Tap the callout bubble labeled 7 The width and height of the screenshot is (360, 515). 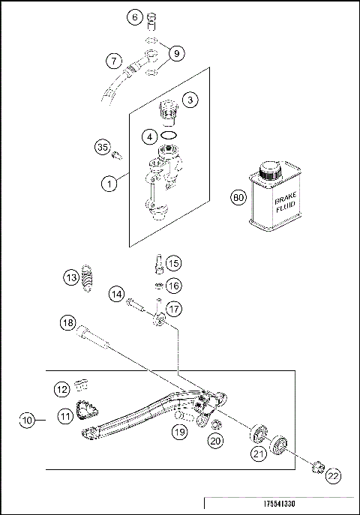113,59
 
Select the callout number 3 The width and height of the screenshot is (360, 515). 191,100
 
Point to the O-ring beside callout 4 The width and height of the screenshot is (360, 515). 170,136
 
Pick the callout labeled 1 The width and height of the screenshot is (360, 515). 110,181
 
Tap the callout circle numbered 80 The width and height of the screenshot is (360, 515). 238,198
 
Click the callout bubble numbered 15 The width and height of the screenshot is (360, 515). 172,263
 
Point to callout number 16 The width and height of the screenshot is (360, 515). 172,286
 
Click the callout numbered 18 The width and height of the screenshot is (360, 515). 68,323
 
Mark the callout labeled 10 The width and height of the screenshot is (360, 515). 28,421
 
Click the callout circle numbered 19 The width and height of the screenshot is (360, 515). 178,431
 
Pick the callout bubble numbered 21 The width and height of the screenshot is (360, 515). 259,453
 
